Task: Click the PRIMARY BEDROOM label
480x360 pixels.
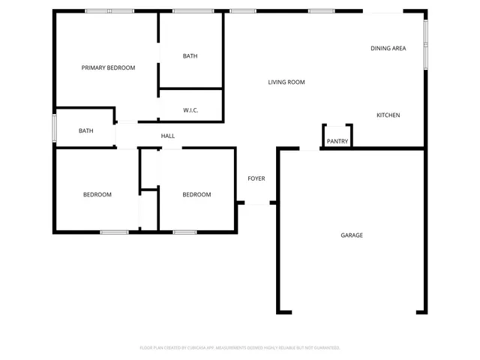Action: [x=108, y=67]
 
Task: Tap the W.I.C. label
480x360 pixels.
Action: [x=190, y=110]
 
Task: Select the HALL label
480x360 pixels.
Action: [x=168, y=136]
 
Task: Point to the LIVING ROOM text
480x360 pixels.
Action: [x=286, y=82]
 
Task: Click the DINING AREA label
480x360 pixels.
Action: [x=388, y=48]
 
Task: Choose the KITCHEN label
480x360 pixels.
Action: [x=388, y=115]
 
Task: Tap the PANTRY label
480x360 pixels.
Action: [x=337, y=141]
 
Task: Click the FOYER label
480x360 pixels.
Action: [x=256, y=178]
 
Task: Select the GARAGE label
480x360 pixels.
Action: [x=352, y=235]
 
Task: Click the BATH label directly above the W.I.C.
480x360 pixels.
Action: [x=190, y=56]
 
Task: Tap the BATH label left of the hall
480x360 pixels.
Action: [x=86, y=131]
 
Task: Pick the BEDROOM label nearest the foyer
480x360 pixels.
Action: [x=196, y=194]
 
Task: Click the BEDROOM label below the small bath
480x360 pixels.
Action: [x=97, y=194]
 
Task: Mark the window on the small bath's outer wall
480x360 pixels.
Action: [x=53, y=127]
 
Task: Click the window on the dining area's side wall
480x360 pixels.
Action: [x=425, y=43]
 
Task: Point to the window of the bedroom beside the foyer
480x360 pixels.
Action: [x=184, y=232]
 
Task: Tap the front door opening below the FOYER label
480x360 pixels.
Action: [x=257, y=202]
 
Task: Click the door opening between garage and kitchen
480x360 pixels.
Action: [x=310, y=148]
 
